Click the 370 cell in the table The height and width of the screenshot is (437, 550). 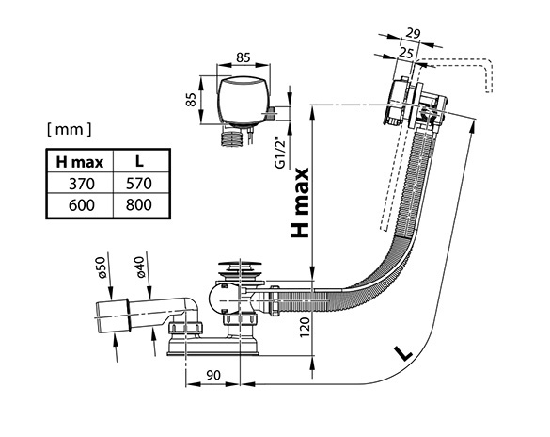coord(82,184)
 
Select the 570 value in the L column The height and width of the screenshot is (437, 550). coord(139,184)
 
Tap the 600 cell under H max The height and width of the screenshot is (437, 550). coord(82,205)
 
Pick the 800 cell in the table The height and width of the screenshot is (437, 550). coord(139,205)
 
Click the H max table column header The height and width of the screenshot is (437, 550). coord(80,162)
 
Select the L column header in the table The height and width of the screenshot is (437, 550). coord(139,162)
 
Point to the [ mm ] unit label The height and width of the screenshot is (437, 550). coord(69,130)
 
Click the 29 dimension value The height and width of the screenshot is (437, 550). coord(413,33)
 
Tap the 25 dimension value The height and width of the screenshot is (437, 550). coord(406,53)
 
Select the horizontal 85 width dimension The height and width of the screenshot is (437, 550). coord(244,57)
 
